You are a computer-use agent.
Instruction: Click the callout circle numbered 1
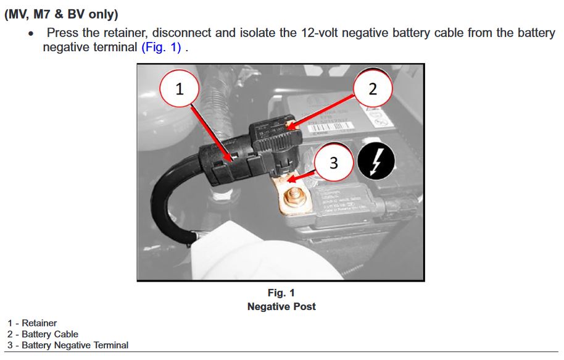pos(180,88)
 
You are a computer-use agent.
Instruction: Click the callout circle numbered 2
pos(372,88)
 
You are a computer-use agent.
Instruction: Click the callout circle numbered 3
pos(334,162)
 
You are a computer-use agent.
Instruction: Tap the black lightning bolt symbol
pos(376,162)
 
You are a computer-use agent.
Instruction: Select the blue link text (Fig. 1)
pos(161,47)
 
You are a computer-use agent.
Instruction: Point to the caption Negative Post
pos(281,306)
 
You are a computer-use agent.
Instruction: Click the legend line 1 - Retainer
pos(32,323)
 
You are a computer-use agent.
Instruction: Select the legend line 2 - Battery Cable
pos(43,334)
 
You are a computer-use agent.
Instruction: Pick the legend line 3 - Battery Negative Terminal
pos(68,345)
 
